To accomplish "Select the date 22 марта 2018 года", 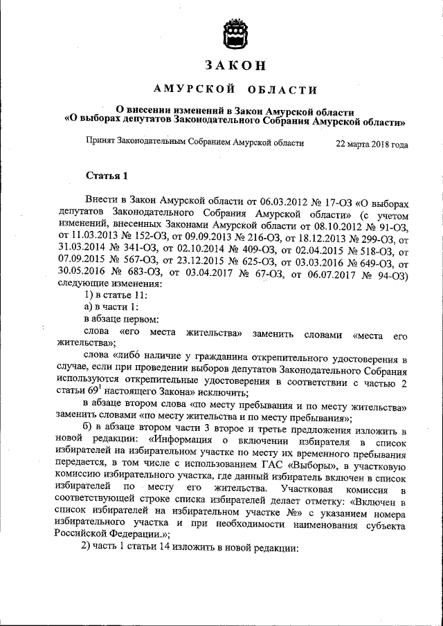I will click(x=371, y=144).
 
